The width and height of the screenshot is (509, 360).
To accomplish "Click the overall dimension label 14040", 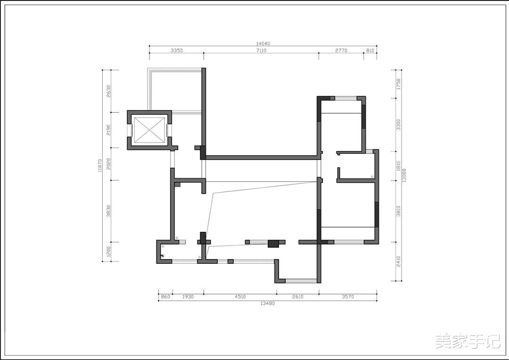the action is [x=263, y=43].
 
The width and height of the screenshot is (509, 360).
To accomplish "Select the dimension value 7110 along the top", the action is [x=261, y=50].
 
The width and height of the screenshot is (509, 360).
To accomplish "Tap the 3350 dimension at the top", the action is [x=177, y=50].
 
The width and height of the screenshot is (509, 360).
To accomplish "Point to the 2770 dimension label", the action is [x=341, y=50].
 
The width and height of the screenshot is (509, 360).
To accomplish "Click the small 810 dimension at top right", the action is [x=370, y=50].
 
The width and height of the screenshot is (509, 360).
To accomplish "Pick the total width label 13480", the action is [x=268, y=303].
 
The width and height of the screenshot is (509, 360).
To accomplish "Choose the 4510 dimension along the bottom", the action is [x=240, y=297].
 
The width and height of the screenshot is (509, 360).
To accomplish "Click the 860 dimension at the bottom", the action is [x=165, y=297].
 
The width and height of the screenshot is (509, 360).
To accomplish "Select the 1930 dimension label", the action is [x=188, y=297].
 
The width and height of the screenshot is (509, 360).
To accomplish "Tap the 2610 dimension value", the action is [x=298, y=297].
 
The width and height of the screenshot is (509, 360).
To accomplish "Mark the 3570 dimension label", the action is [x=348, y=297].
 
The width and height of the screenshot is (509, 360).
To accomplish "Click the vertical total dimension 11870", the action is [x=100, y=165].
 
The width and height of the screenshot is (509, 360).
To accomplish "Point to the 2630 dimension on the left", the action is [x=108, y=91].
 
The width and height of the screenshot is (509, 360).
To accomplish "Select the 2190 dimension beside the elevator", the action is [x=108, y=130].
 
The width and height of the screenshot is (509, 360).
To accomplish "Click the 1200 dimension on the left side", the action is [x=108, y=252].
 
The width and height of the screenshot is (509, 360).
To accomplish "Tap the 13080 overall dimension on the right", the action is [x=404, y=175].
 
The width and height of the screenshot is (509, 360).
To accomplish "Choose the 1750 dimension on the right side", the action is [x=399, y=84].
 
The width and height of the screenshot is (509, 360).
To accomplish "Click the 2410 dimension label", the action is [x=399, y=262].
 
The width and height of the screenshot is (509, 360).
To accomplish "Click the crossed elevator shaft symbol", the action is [x=149, y=130].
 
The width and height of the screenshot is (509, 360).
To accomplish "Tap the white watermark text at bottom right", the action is [x=468, y=342].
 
